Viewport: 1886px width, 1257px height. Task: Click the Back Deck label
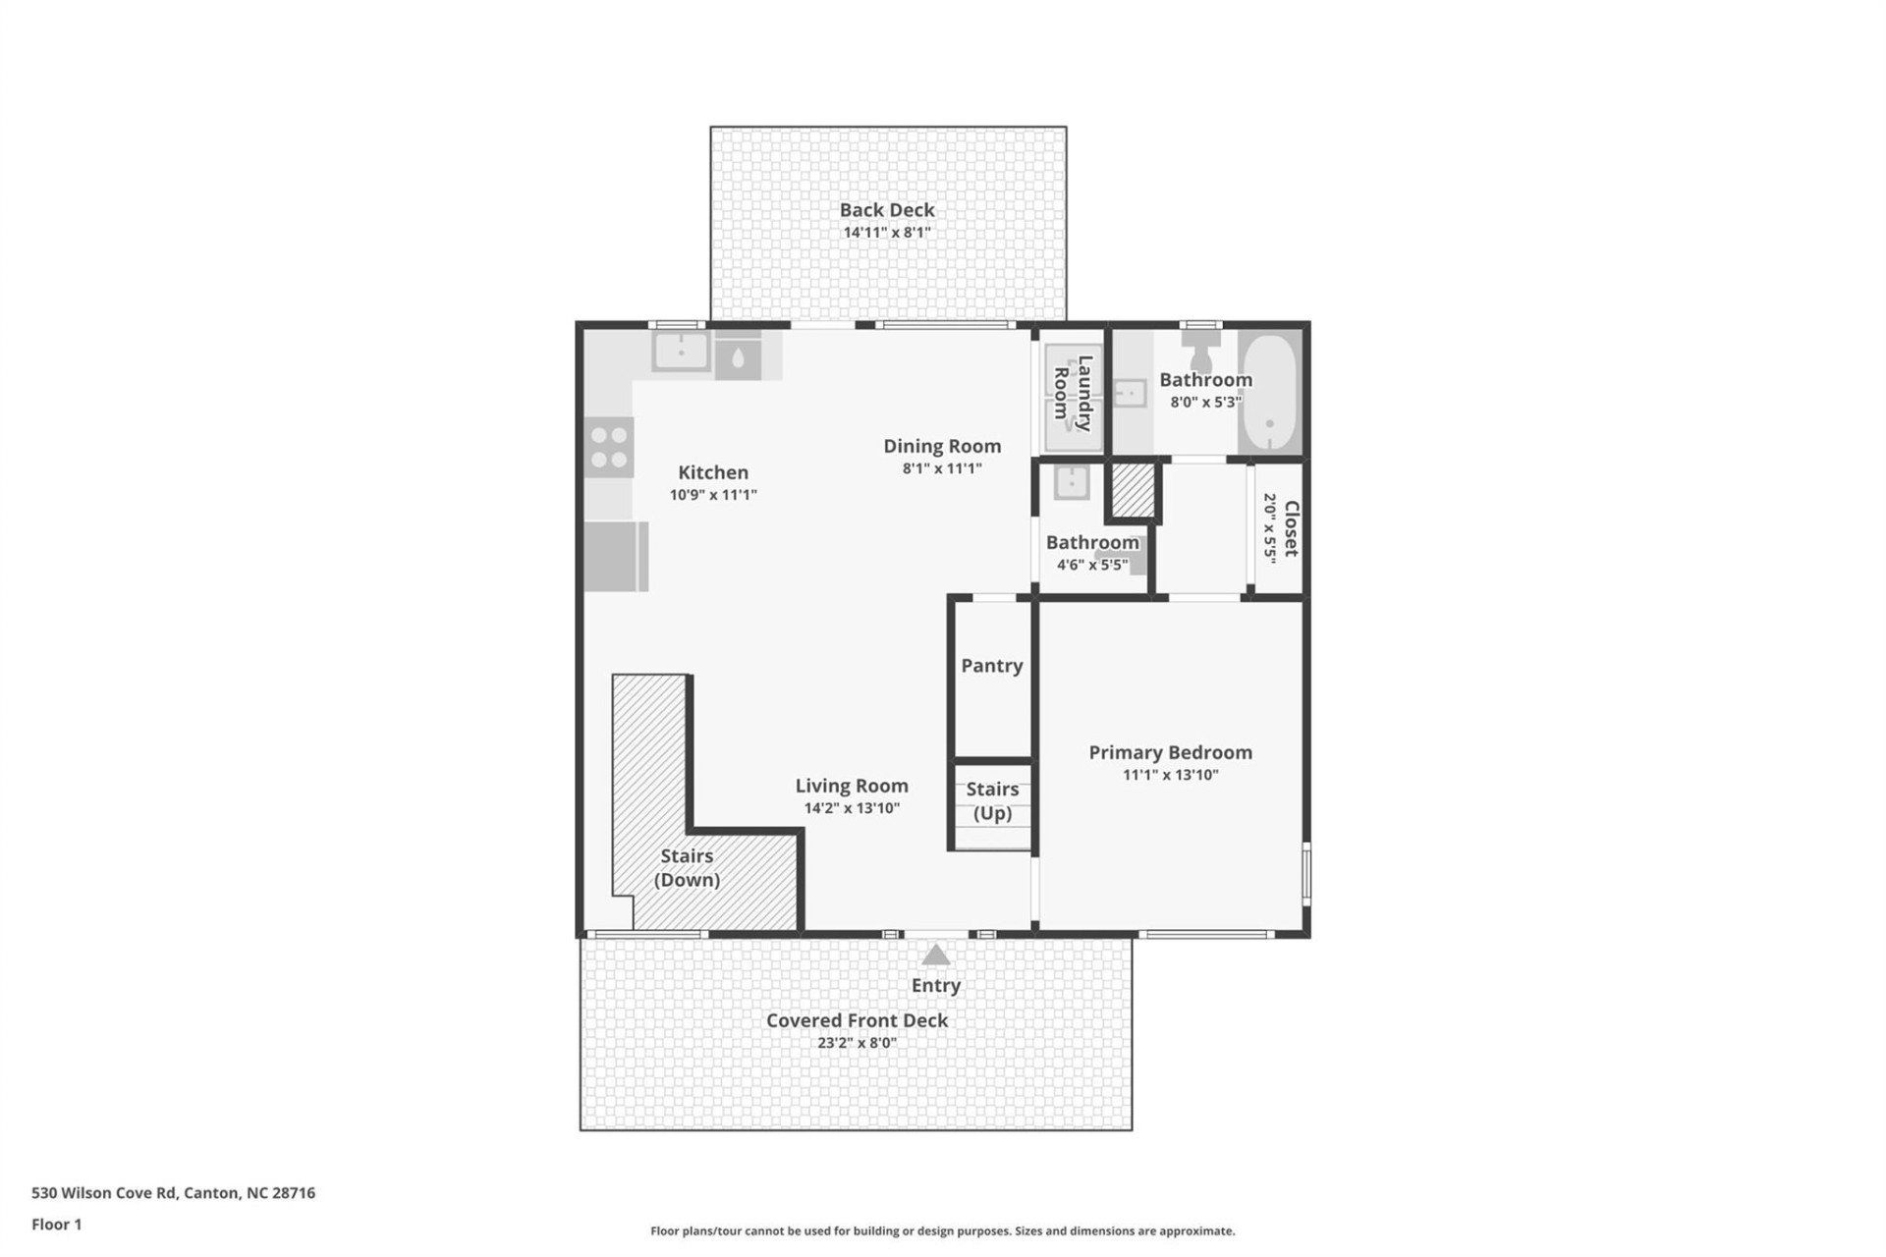886,210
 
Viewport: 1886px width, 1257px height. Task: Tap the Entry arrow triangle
935,955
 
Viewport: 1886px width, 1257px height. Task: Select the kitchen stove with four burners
608,447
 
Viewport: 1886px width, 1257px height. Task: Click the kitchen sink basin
681,352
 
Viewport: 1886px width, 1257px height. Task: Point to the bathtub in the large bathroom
1269,392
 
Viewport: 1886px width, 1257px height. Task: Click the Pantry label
991,666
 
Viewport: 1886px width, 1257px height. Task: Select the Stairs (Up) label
992,800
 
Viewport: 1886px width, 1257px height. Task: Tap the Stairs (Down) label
687,867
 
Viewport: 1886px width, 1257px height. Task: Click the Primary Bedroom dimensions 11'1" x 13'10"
1170,775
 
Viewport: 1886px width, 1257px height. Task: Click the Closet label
1291,528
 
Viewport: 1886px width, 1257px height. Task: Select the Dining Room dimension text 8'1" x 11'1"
941,468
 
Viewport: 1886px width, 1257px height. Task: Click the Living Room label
851,786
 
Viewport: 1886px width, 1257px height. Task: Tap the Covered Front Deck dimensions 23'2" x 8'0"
857,1043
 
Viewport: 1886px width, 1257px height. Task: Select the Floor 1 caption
57,1224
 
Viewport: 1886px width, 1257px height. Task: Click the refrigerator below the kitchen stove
615,557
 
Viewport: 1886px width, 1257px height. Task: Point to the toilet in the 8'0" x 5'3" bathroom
1200,349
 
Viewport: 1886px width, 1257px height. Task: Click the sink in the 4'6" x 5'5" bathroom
1071,482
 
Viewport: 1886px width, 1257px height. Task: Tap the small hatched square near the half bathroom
1133,489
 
